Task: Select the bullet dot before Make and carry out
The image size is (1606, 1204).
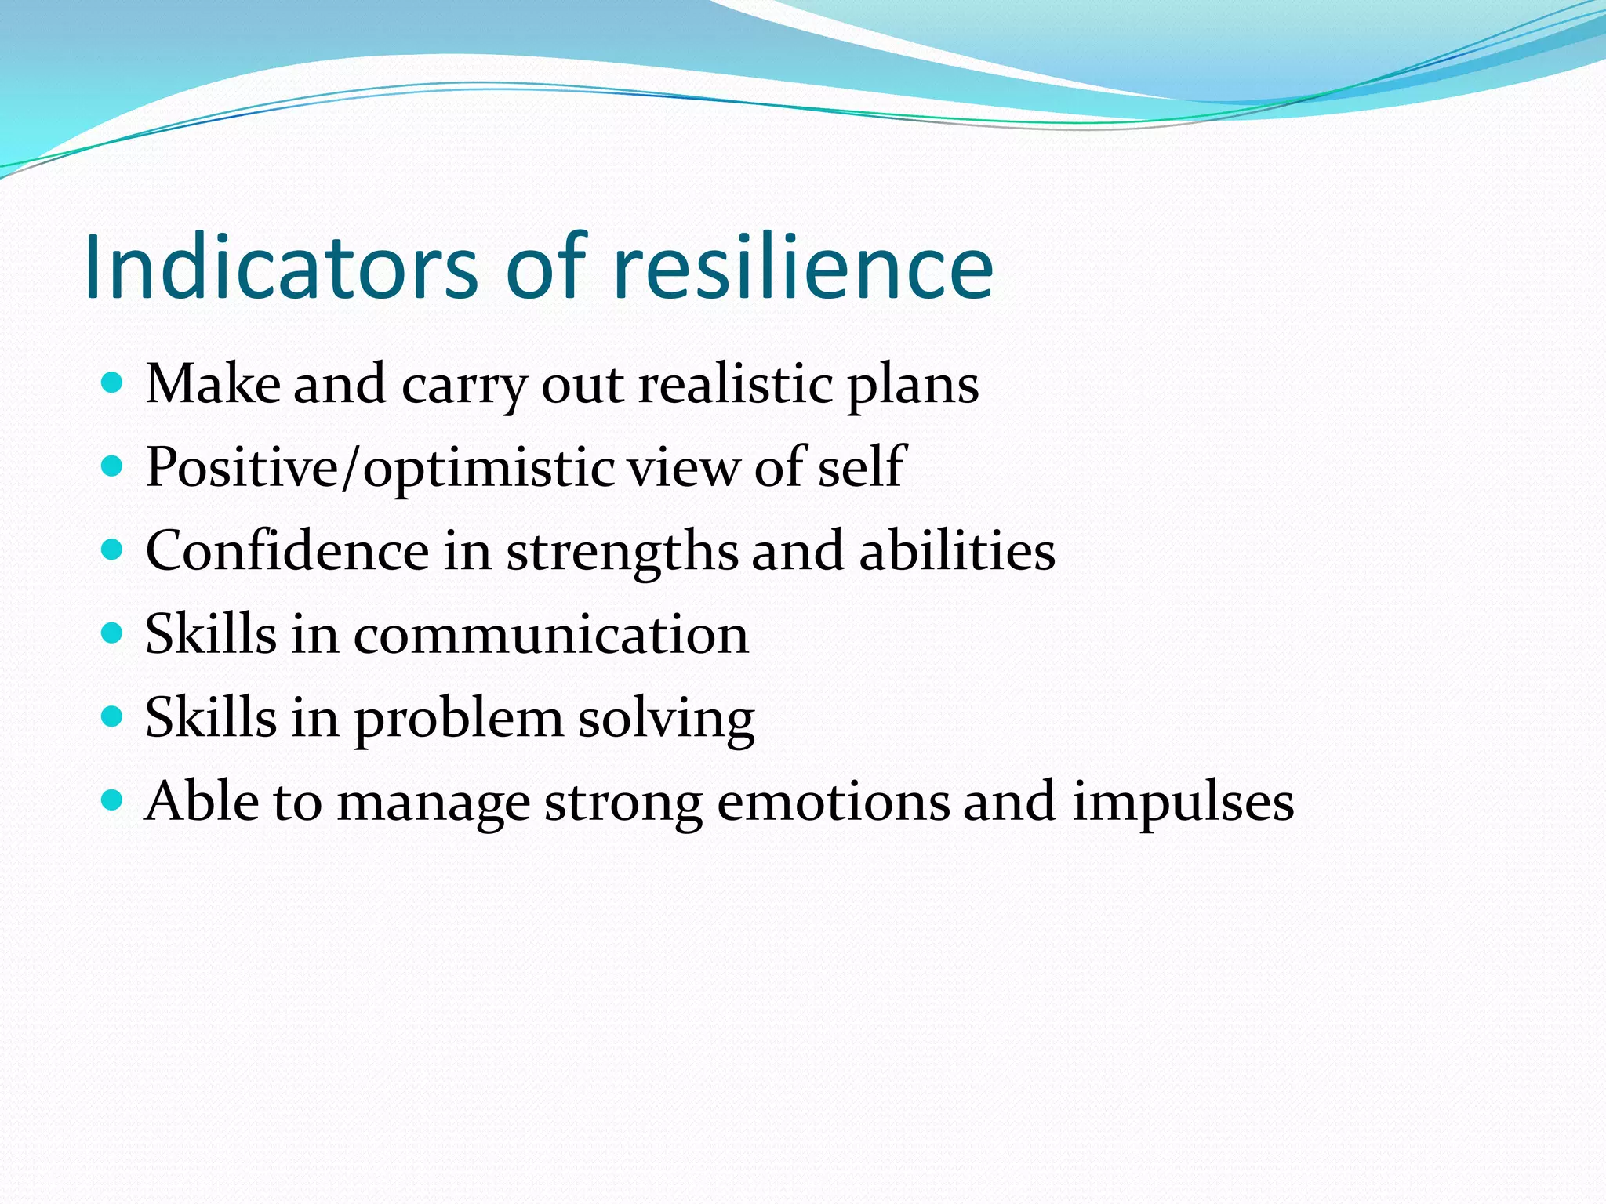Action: pos(113,383)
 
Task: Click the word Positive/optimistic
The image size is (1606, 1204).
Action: pos(380,469)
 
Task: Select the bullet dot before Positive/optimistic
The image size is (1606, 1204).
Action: pos(113,467)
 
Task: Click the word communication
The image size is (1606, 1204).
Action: pos(550,635)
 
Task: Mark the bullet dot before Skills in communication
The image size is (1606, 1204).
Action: pos(113,633)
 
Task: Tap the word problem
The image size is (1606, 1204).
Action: pos(459,720)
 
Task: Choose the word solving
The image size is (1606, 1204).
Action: pos(666,720)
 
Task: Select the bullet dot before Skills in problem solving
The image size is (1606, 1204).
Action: pos(113,716)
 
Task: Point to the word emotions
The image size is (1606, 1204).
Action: pos(833,803)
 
